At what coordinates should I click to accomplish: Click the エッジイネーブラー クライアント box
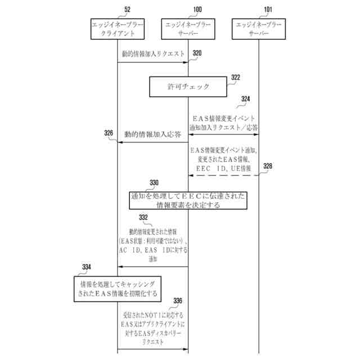point(118,29)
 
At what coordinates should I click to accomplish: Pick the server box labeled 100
point(188,29)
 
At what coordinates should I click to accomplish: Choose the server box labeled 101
point(259,29)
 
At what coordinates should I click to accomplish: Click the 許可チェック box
point(188,87)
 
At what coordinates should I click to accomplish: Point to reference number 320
point(196,53)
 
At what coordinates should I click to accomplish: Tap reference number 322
point(236,78)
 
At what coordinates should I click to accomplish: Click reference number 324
point(245,99)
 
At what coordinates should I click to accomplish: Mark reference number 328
point(268,166)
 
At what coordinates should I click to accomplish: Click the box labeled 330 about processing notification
point(188,201)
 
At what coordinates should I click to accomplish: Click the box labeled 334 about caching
point(117,287)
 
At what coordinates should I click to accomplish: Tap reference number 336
point(178,301)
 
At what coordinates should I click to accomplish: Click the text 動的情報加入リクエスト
point(153,55)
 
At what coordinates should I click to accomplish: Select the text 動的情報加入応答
point(152,135)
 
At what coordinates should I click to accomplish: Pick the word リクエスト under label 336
point(152,341)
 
